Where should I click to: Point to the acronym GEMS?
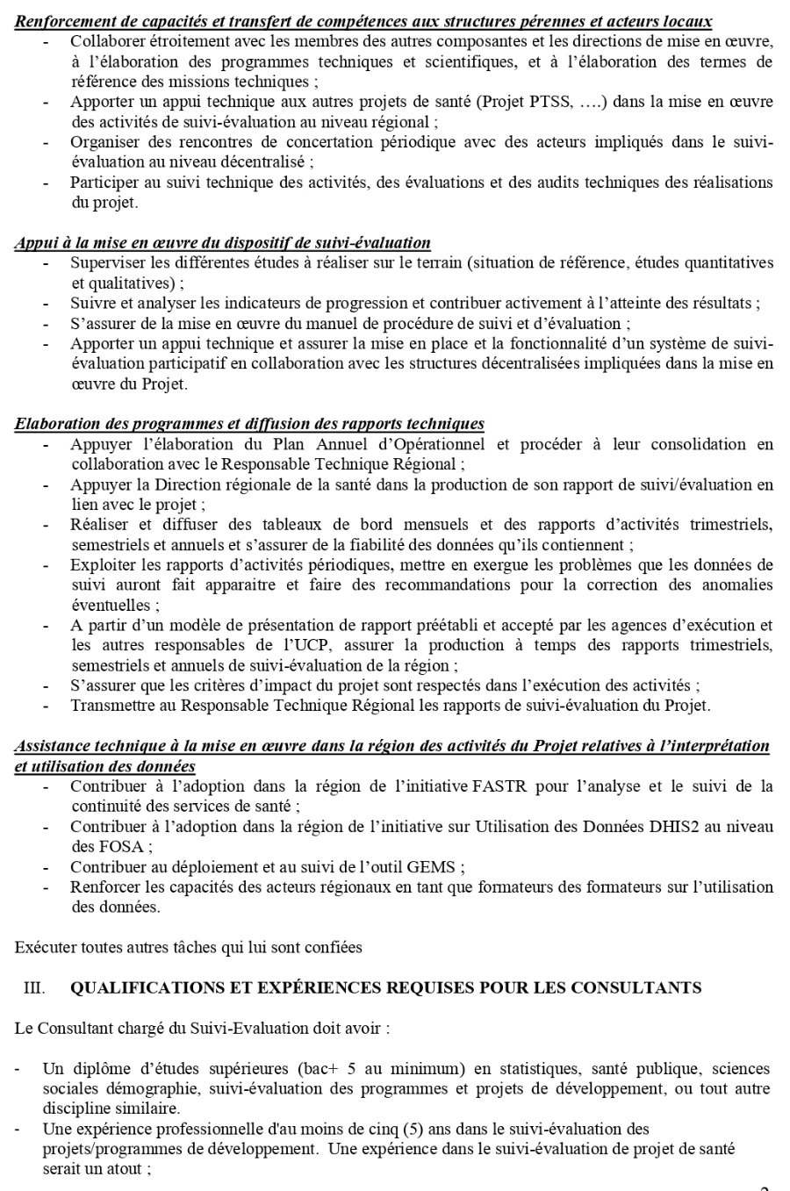coord(435,867)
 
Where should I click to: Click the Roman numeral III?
coord(34,988)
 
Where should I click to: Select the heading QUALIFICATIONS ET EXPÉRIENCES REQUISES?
coord(385,988)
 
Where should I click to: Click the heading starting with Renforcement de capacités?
coord(363,21)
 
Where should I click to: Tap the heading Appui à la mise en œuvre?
coord(222,243)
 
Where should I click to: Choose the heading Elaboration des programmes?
coord(249,425)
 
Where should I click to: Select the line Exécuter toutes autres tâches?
coord(188,947)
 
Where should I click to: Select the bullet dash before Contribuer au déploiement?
coord(45,867)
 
